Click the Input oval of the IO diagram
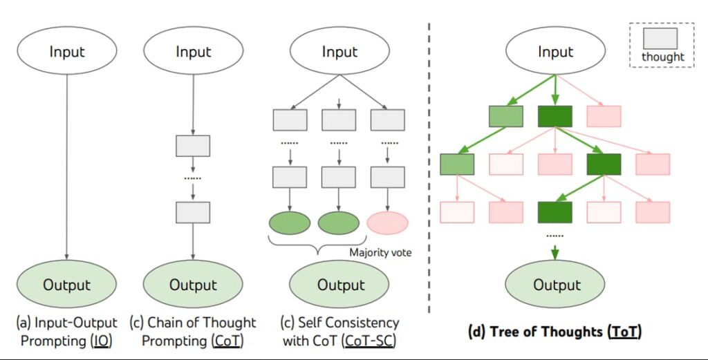click(x=66, y=52)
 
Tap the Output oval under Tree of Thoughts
click(x=557, y=285)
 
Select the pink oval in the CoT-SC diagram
click(x=387, y=223)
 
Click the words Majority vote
click(x=381, y=253)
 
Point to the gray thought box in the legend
click(x=660, y=38)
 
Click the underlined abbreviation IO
click(x=102, y=341)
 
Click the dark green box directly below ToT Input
click(x=555, y=117)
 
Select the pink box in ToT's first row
click(x=604, y=117)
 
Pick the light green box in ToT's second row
click(x=457, y=164)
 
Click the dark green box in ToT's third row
click(x=555, y=212)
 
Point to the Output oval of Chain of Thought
click(x=193, y=285)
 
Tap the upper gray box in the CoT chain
click(x=193, y=146)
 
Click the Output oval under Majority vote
click(x=339, y=285)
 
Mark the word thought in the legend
click(x=662, y=57)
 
